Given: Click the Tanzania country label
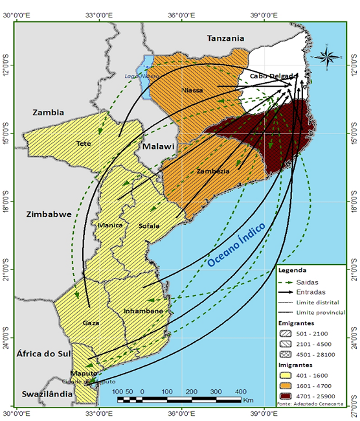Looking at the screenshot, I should [226, 39].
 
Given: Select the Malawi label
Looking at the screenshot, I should [159, 147].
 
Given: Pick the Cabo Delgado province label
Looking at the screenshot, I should [271, 76].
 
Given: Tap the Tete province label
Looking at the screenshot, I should [84, 143].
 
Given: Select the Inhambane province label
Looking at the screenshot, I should [143, 311].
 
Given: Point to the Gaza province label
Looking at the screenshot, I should [91, 322].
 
